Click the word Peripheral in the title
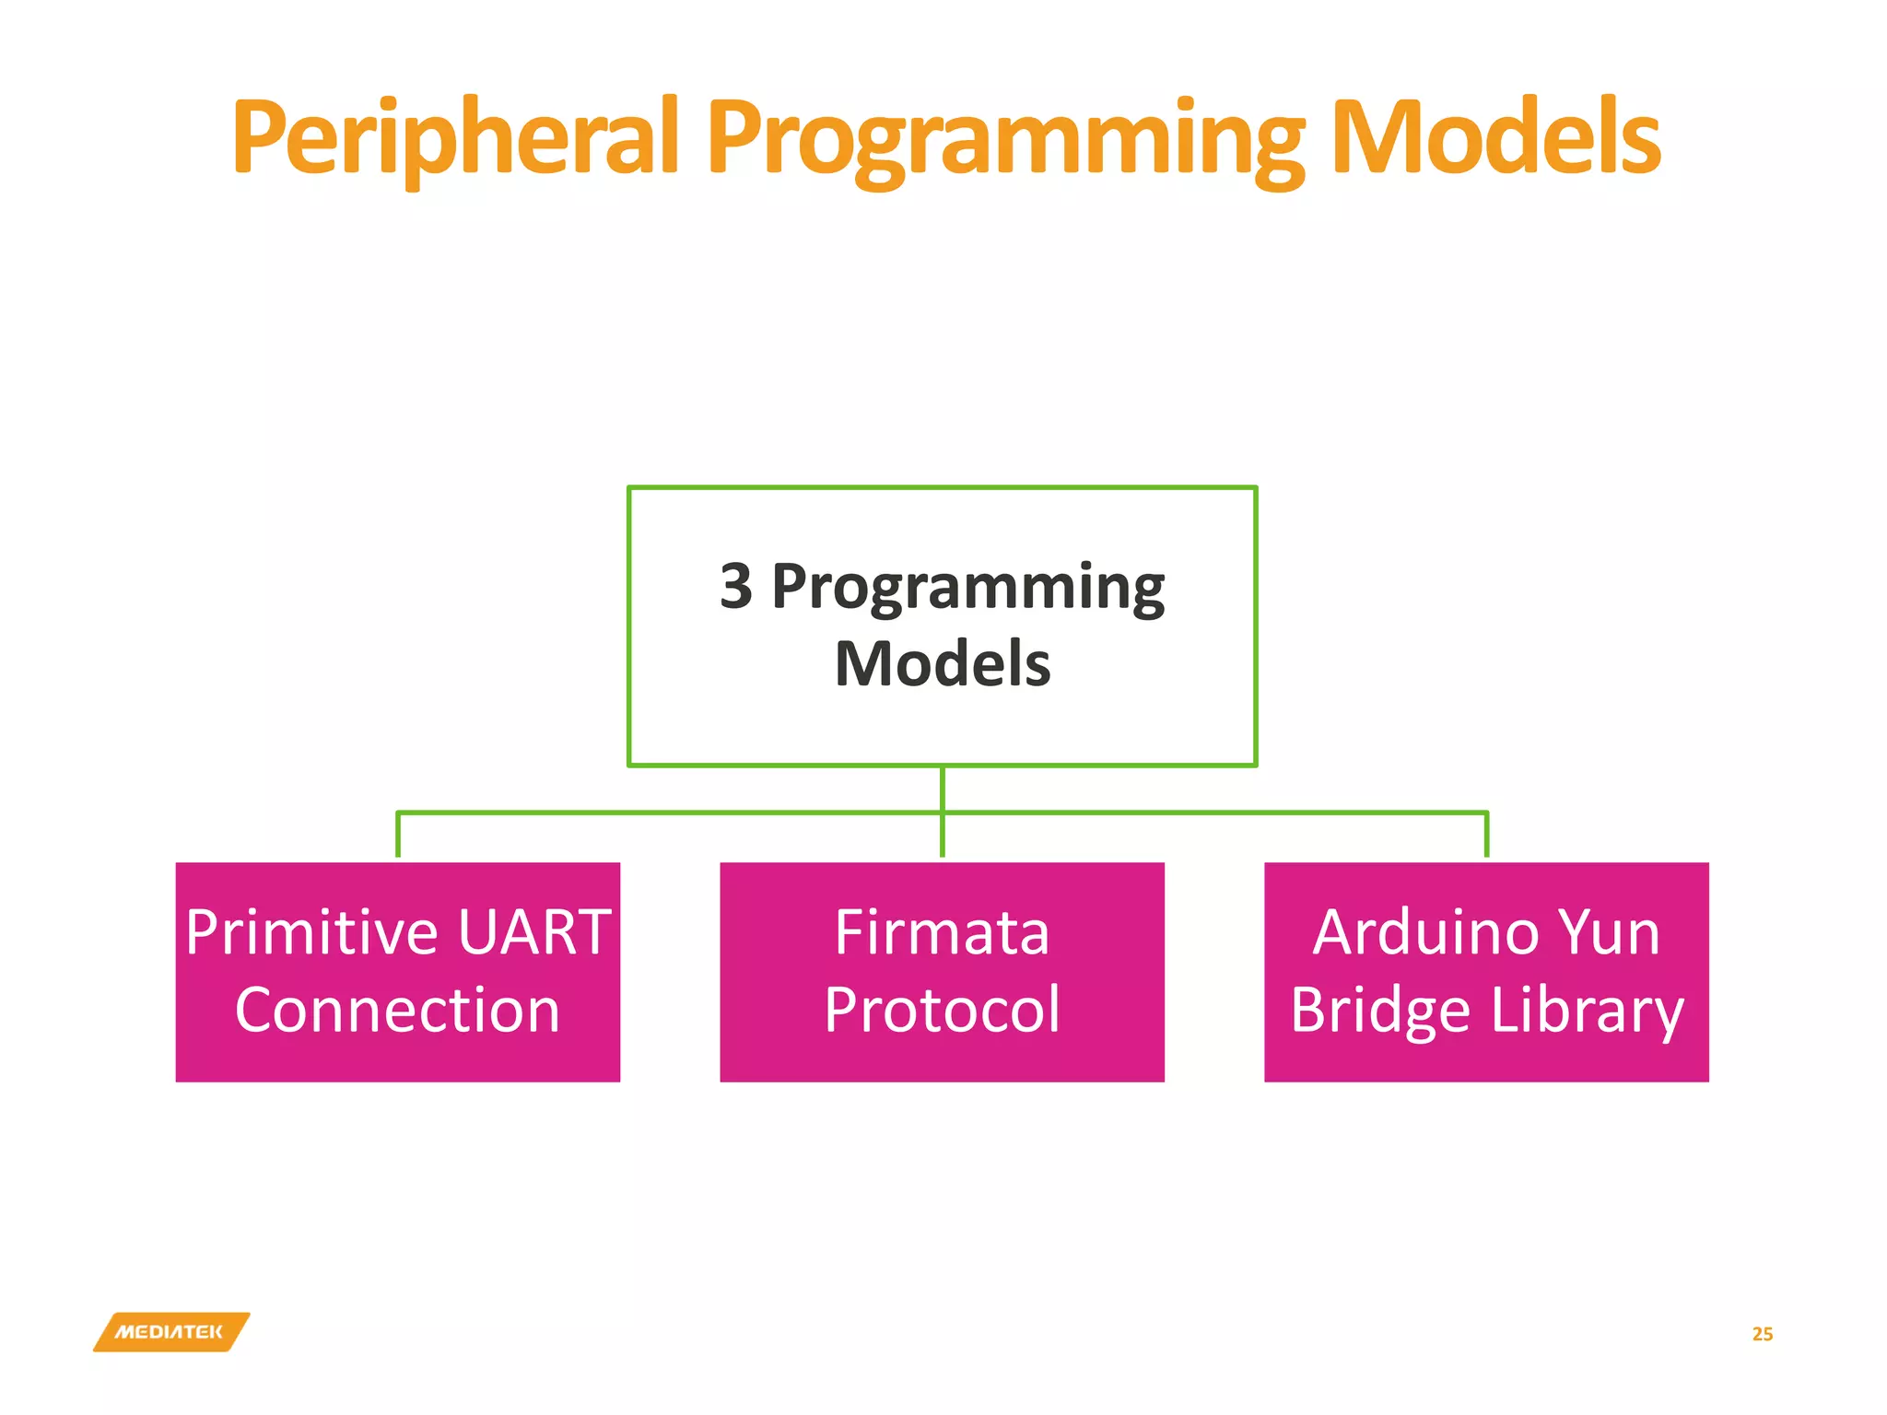[x=455, y=138]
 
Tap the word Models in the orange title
[x=1495, y=138]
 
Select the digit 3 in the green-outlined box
[x=735, y=586]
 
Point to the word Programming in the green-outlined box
[x=967, y=588]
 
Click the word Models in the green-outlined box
[x=942, y=664]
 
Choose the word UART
[x=534, y=932]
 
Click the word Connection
[x=397, y=1010]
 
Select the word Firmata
[x=942, y=932]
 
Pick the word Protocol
[x=942, y=1010]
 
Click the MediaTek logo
[x=170, y=1332]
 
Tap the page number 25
[x=1762, y=1334]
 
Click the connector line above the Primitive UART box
[x=398, y=835]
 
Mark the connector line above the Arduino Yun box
[x=1486, y=835]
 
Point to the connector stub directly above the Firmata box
[x=942, y=836]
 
